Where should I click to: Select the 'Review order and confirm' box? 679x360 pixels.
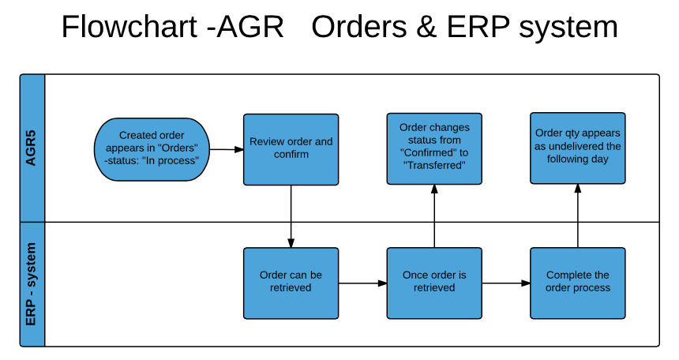pyautogui.click(x=291, y=148)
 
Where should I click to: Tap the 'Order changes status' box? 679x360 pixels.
pyautogui.click(x=434, y=148)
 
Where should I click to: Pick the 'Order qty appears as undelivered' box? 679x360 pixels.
pyautogui.click(x=578, y=148)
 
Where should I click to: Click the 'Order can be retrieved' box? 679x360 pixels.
pyautogui.click(x=291, y=283)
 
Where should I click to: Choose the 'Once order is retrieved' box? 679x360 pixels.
pyautogui.click(x=434, y=283)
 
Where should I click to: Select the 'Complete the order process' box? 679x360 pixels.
pyautogui.click(x=578, y=283)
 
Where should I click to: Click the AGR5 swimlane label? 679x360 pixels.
pyautogui.click(x=32, y=148)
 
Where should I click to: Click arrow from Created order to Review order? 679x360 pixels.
pyautogui.click(x=226, y=149)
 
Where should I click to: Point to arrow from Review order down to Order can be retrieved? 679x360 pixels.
pyautogui.click(x=291, y=216)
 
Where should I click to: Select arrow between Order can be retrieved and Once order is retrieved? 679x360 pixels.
pyautogui.click(x=362, y=283)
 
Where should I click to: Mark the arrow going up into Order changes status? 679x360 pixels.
pyautogui.click(x=434, y=216)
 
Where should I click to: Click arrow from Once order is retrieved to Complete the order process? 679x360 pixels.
pyautogui.click(x=506, y=283)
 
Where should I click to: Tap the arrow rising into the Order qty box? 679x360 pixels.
pyautogui.click(x=578, y=216)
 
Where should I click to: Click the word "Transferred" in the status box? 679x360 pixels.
pyautogui.click(x=434, y=165)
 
